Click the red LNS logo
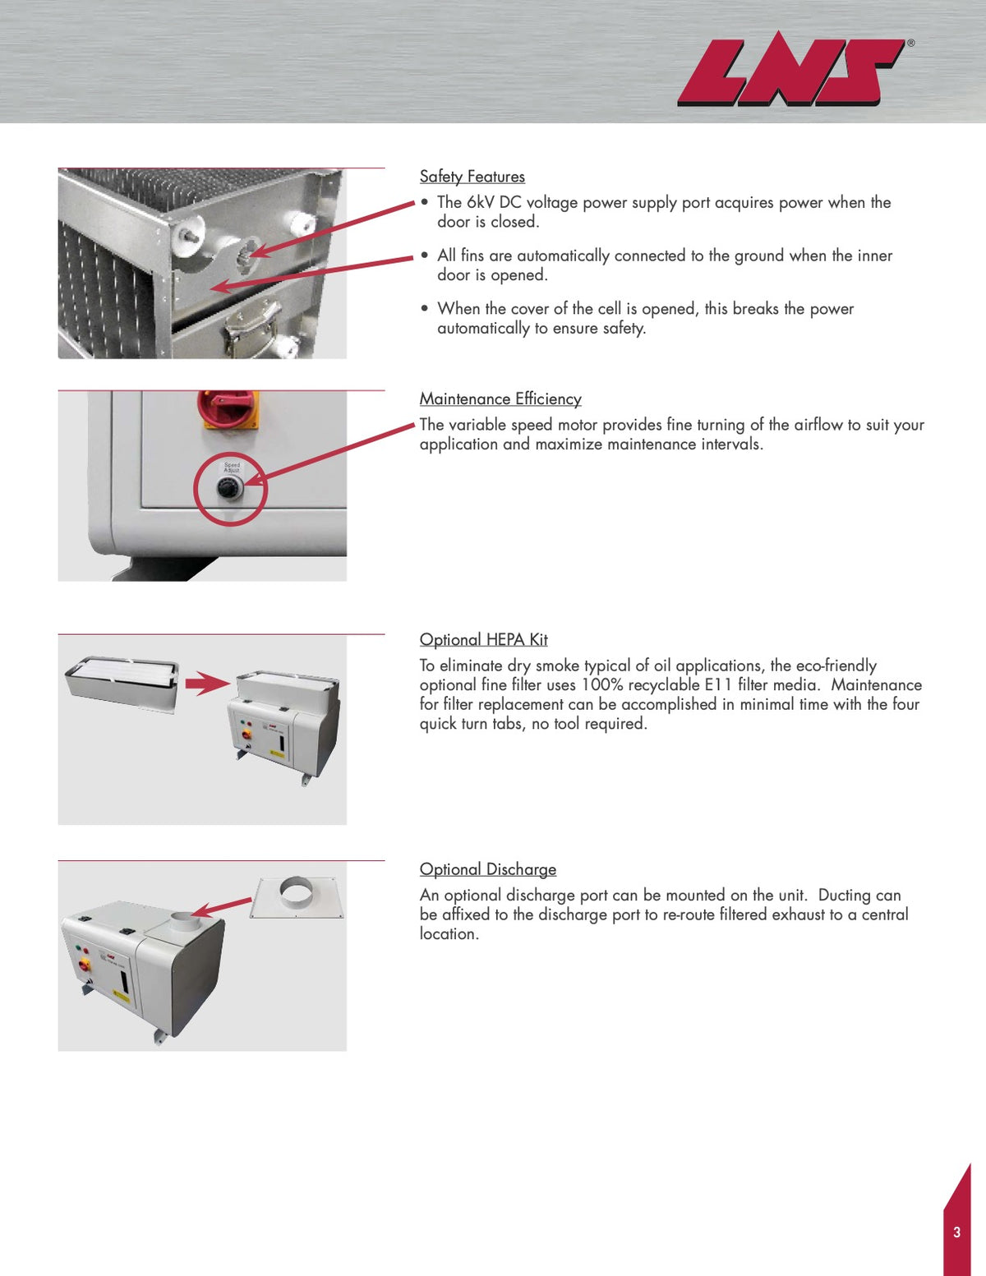point(789,72)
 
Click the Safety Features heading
point(472,177)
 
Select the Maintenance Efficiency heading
point(500,399)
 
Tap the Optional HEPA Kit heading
point(483,640)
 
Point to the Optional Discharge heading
point(487,869)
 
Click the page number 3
point(956,1232)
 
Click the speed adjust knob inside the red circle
point(228,489)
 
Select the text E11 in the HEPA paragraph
point(718,685)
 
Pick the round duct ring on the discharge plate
point(296,893)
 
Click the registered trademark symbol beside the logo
point(910,43)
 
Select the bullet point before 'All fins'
point(425,256)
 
